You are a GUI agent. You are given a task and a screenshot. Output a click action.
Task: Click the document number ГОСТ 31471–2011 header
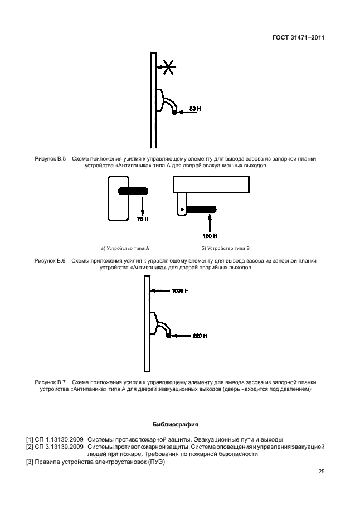pyautogui.click(x=298, y=38)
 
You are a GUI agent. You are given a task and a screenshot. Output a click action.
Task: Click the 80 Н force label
pyautogui.click(x=194, y=109)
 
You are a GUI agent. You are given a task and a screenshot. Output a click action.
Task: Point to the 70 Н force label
pyautogui.click(x=143, y=219)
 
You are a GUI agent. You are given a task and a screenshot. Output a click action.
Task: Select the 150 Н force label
pyautogui.click(x=210, y=236)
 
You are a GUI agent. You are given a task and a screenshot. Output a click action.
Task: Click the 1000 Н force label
pyautogui.click(x=180, y=290)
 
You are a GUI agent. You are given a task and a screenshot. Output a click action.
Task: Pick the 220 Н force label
pyautogui.click(x=200, y=336)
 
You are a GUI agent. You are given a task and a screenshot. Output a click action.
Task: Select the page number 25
pyautogui.click(x=321, y=472)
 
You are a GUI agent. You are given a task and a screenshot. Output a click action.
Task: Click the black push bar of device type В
pyautogui.click(x=200, y=210)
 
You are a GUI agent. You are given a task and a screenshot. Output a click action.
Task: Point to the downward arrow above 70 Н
pyautogui.click(x=143, y=205)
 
